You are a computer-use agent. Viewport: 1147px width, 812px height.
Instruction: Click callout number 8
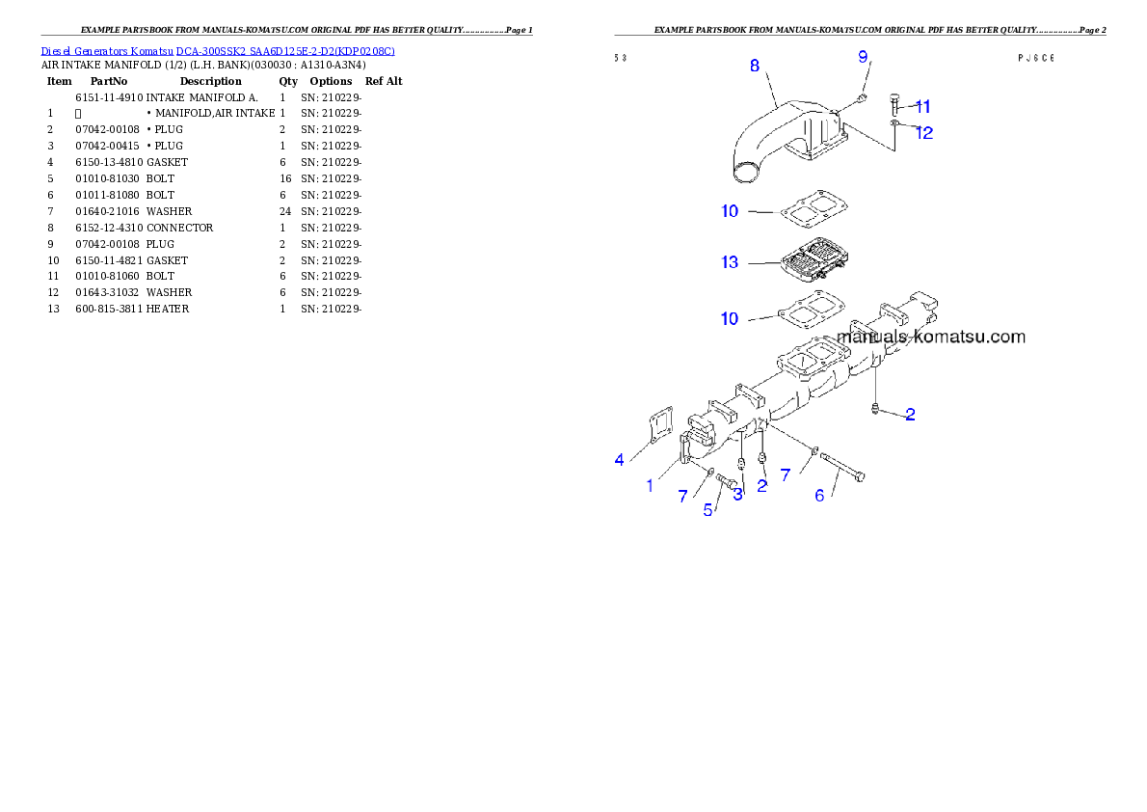755,66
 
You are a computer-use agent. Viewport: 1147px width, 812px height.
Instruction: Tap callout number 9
864,57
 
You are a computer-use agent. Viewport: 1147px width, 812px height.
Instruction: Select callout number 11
922,106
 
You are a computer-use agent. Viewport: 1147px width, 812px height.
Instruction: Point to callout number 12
924,133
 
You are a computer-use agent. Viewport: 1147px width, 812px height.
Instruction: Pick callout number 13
730,261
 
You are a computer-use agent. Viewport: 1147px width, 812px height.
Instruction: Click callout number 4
619,460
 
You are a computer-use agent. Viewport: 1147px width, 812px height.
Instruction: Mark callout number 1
650,486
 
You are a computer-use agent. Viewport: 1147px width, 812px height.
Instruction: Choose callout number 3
738,495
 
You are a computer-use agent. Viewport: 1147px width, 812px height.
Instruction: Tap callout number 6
820,495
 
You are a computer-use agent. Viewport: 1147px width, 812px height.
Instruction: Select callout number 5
708,510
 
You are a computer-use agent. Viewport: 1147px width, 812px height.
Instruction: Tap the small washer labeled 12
894,123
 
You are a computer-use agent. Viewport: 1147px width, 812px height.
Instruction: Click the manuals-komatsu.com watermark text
931,338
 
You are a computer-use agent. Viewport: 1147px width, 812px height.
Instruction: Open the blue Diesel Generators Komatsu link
218,50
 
